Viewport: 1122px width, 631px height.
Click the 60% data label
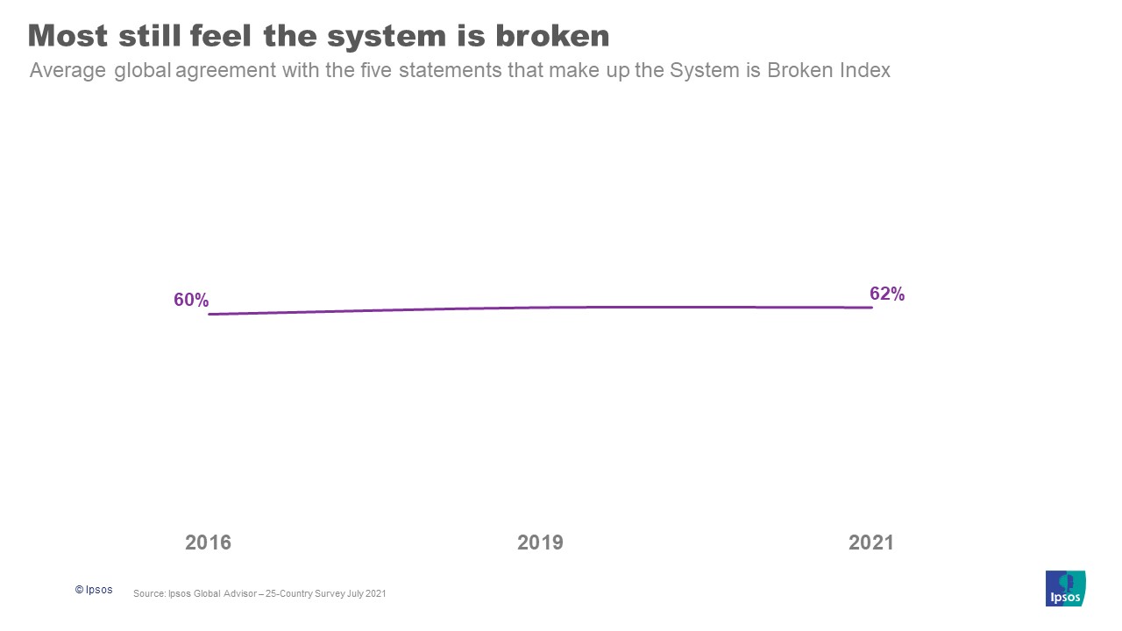191,300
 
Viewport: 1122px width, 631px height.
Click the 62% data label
886,294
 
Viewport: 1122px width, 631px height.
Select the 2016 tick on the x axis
208,542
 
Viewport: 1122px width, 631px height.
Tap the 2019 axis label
540,542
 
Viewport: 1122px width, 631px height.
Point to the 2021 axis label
870,542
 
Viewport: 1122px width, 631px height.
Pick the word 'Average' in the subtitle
67,71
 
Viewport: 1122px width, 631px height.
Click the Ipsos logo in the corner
1065,588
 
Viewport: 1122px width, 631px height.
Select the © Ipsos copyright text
94,590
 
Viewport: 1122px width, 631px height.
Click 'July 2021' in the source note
367,593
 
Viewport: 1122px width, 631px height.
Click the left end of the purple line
209,314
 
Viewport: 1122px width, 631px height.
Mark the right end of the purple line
871,308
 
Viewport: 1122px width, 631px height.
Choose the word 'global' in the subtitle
142,71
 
